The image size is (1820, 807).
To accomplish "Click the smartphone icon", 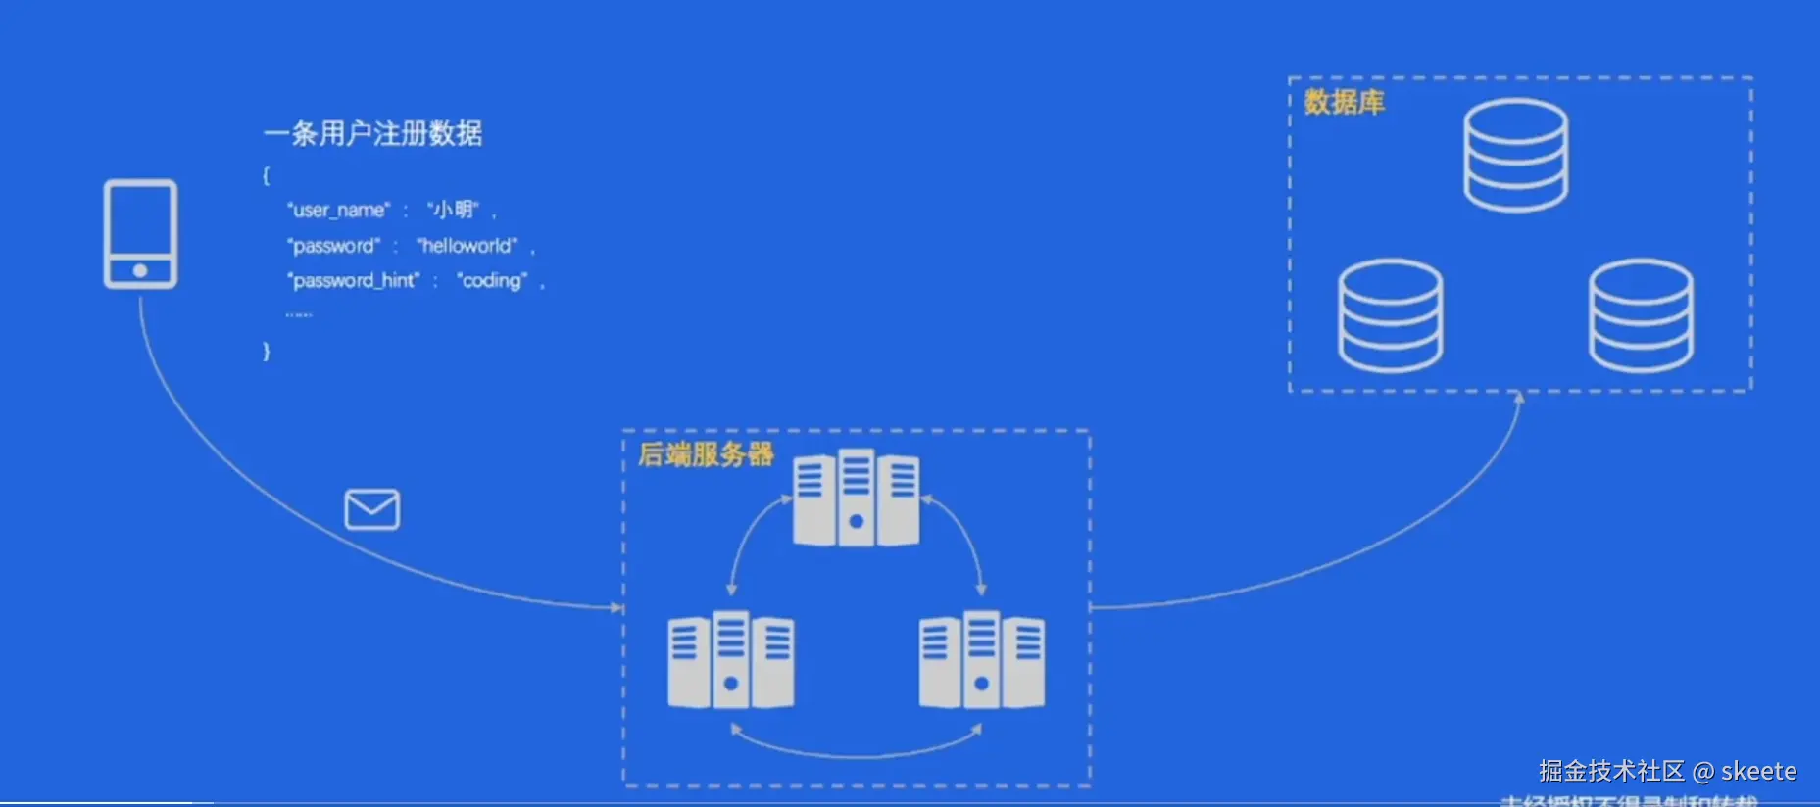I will click(140, 233).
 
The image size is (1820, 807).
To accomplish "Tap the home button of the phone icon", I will click(140, 270).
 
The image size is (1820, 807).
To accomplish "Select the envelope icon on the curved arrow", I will click(372, 509).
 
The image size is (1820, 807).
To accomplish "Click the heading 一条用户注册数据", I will click(373, 133).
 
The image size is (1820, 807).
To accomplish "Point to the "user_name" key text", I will click(339, 210).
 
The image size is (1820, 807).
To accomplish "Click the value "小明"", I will click(453, 210).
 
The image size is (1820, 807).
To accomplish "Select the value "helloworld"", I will click(467, 246).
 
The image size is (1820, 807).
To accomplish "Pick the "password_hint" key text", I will click(354, 281).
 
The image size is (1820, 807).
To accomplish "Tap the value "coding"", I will click(492, 281).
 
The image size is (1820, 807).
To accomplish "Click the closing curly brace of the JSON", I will click(266, 351).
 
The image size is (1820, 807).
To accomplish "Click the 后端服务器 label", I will click(706, 454).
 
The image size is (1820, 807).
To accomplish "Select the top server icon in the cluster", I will click(856, 498).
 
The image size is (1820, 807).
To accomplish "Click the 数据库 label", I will click(1344, 102).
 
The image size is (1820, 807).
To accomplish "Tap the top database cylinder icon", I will click(1515, 155).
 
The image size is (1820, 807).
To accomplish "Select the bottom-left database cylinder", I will click(1390, 315).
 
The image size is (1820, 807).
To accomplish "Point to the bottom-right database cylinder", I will click(1641, 315).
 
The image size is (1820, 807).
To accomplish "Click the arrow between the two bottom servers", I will click(856, 752).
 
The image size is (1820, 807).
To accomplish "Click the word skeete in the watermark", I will click(1758, 772).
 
